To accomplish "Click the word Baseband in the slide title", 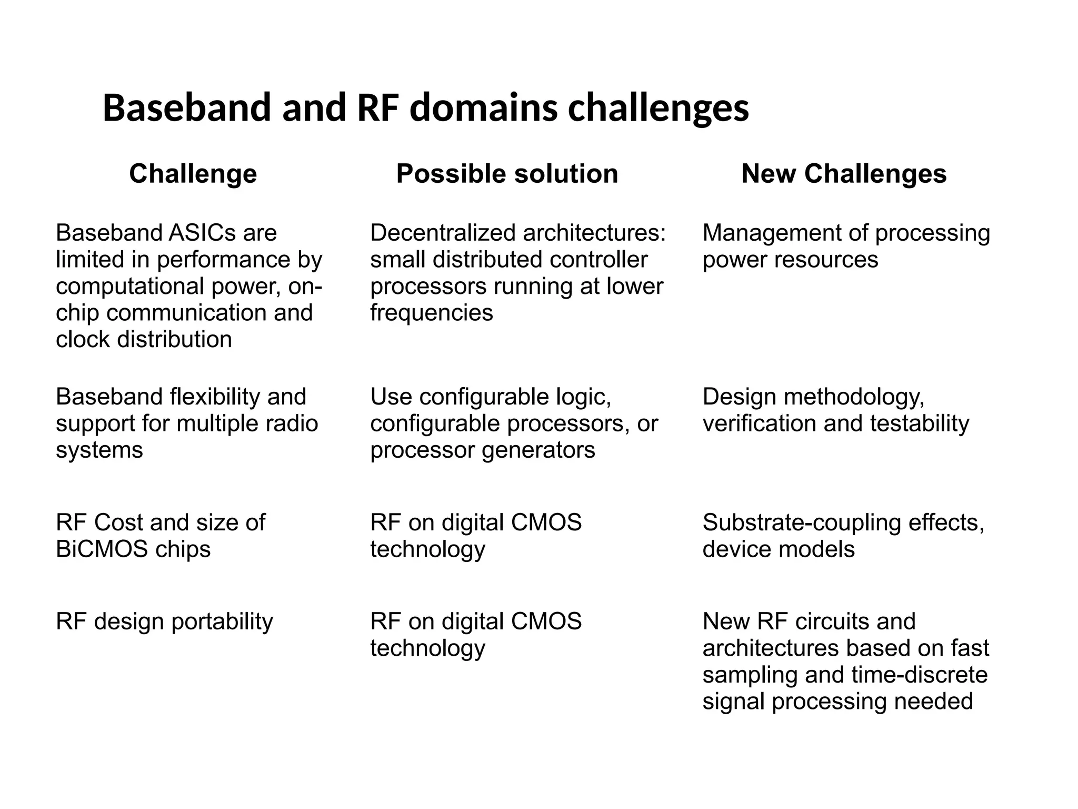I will (x=186, y=108).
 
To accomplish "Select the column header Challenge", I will (x=193, y=174).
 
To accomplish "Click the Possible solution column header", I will (x=507, y=174).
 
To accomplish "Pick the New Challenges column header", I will (x=844, y=174).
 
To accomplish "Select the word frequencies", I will (x=431, y=313).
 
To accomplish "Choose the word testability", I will (x=919, y=423).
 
